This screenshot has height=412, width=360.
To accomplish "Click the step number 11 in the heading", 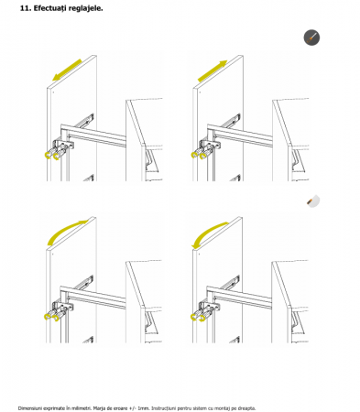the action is pos(25,8).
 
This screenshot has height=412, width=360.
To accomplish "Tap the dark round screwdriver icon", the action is pos(311,38).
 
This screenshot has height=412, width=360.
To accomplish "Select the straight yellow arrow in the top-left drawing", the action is pos(67,70).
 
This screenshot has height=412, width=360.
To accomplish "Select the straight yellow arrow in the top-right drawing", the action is pos(213,71).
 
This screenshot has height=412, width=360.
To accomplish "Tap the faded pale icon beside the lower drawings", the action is pos(313,201).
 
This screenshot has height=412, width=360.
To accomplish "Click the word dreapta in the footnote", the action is pos(247,408).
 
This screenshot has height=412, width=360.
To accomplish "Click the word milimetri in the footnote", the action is pos(82,408).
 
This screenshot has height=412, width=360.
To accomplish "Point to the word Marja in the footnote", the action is pos(99,408).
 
